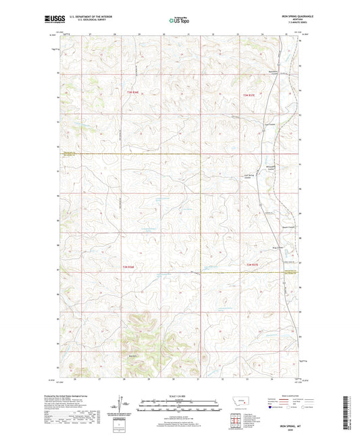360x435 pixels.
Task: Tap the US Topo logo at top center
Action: click(x=175, y=21)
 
